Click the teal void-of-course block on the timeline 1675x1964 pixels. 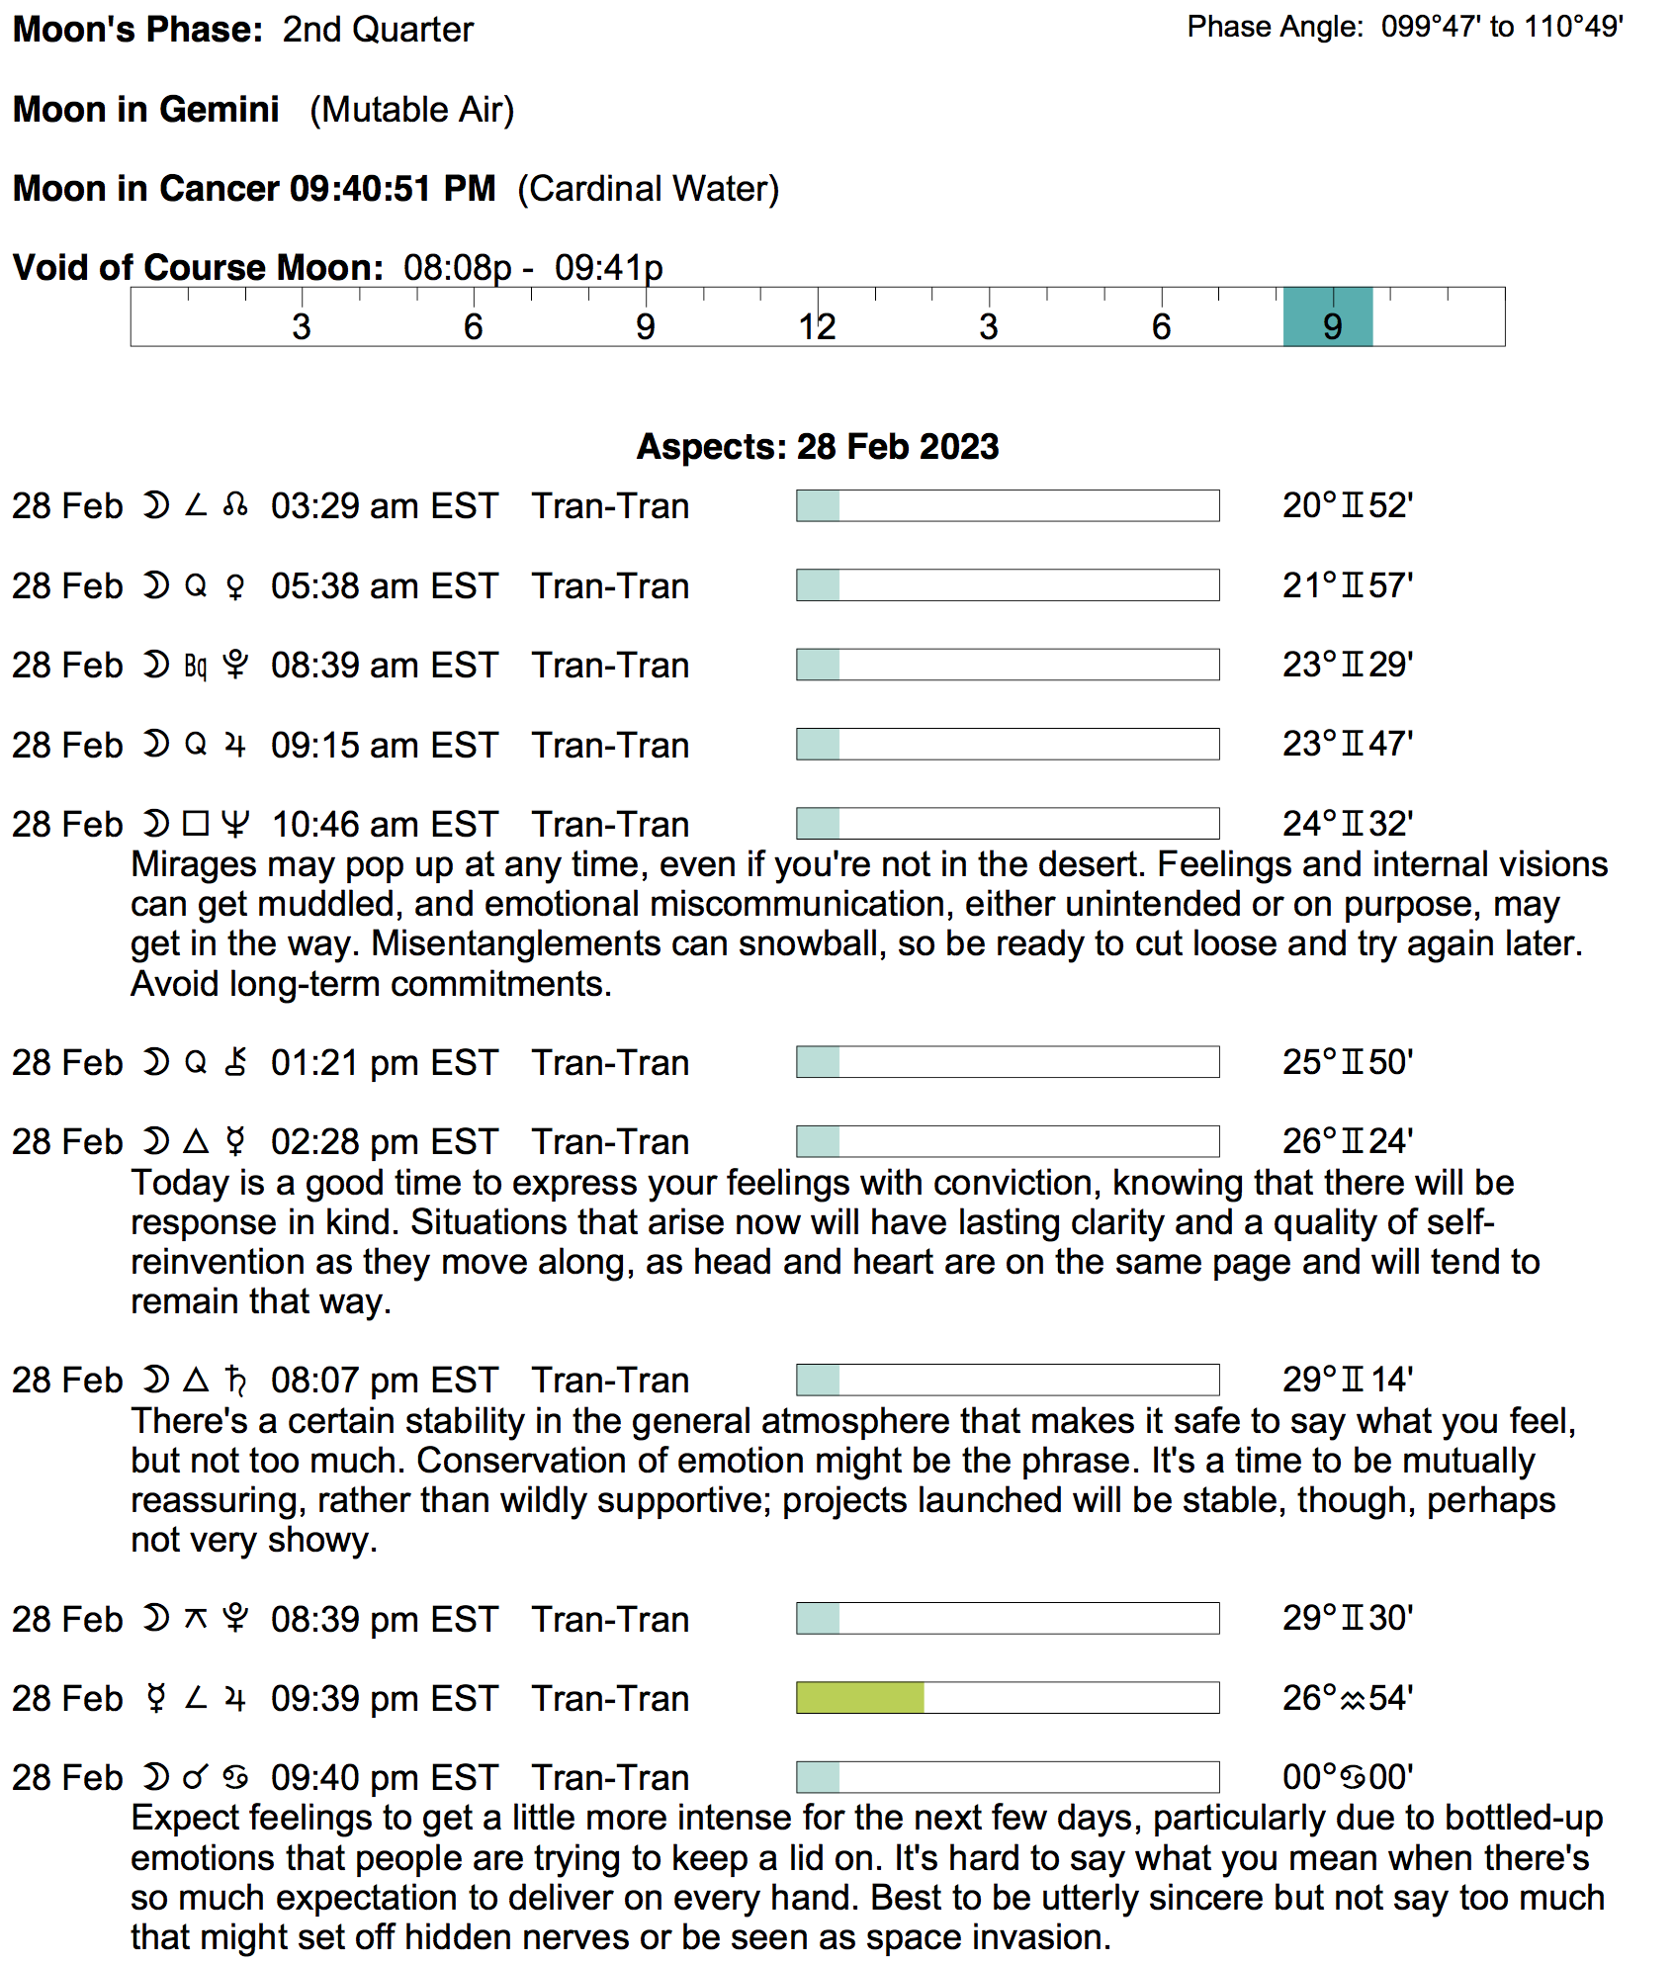click(x=1327, y=317)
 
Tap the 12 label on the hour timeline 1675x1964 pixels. click(x=818, y=327)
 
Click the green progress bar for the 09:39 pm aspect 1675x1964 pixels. click(x=859, y=1698)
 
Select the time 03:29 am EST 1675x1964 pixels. click(x=384, y=506)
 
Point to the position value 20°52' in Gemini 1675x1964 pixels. click(x=1347, y=505)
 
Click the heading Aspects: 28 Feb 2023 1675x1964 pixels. click(x=817, y=447)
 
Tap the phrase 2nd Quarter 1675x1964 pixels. click(x=378, y=30)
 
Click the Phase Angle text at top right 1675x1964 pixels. click(x=1404, y=27)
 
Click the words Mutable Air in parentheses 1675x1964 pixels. click(x=411, y=110)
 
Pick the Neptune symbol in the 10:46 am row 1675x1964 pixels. click(x=235, y=824)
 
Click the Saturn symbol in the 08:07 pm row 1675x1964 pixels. click(x=235, y=1380)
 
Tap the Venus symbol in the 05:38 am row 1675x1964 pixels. click(x=235, y=586)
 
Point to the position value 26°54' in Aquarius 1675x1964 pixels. click(x=1347, y=1698)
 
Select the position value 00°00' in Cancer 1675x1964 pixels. click(x=1347, y=1777)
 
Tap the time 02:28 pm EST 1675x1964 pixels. click(x=384, y=1142)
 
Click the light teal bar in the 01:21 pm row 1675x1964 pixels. click(x=818, y=1062)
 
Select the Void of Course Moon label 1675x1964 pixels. click(x=198, y=268)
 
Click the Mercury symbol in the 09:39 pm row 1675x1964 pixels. click(x=155, y=1698)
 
